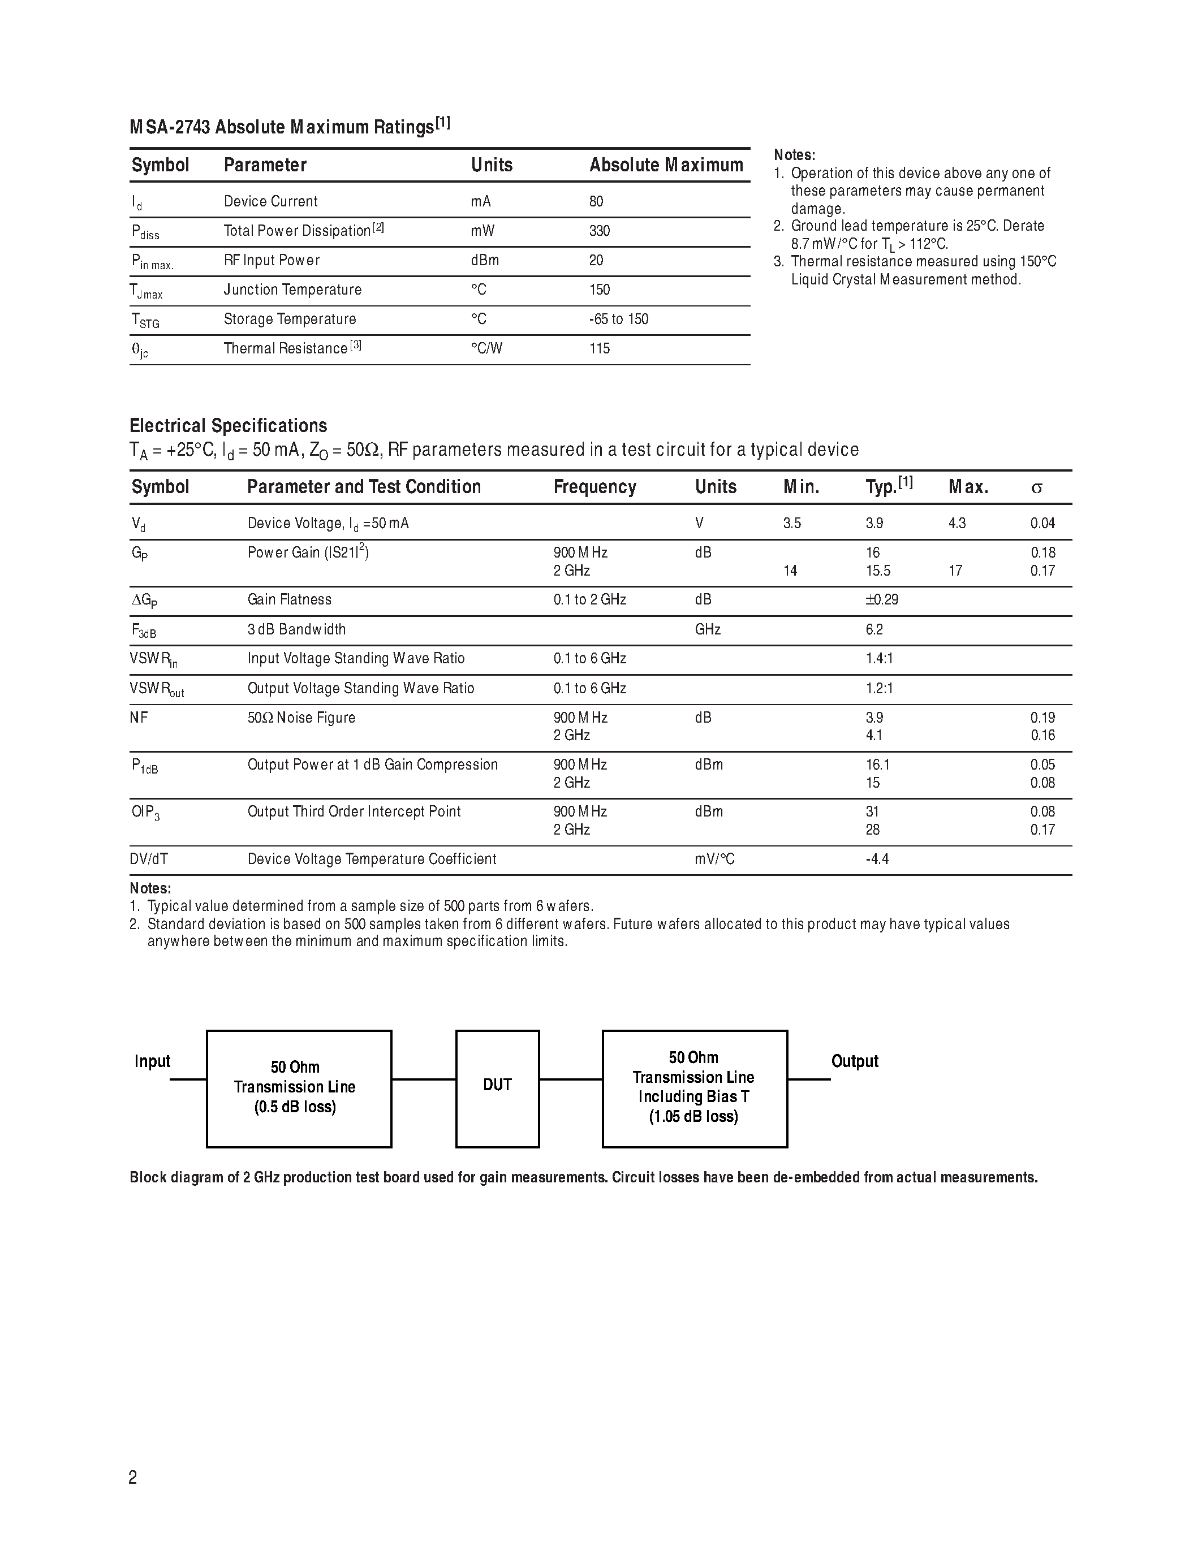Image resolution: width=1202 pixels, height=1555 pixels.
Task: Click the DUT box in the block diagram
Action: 497,1085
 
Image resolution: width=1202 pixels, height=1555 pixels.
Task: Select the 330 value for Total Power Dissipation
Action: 600,231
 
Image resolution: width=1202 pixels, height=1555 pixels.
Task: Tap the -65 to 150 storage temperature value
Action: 618,319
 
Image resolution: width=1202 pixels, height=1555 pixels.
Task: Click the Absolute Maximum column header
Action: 666,165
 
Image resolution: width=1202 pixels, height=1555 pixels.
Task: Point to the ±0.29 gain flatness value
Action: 882,599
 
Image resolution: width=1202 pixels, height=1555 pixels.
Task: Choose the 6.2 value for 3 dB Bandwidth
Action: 874,629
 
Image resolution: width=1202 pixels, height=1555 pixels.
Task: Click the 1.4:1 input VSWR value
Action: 880,659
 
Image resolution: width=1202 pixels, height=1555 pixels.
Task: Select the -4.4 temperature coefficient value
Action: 877,859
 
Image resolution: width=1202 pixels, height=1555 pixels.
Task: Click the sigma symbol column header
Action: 1037,489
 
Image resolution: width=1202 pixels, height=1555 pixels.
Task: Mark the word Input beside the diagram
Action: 152,1061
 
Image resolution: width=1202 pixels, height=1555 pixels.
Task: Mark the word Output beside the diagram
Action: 855,1061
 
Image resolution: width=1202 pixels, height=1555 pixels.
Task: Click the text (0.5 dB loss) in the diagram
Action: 295,1107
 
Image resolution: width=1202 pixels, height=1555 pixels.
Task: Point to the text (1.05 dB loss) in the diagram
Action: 693,1116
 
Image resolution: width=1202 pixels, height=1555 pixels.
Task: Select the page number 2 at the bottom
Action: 133,1478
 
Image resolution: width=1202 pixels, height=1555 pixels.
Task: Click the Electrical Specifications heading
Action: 228,426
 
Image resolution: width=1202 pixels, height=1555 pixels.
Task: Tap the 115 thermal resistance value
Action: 600,348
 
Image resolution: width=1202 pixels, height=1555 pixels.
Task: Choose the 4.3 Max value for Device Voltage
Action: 957,523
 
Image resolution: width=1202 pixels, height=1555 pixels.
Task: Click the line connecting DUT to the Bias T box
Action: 570,1079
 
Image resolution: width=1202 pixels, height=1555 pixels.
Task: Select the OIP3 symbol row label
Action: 145,813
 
